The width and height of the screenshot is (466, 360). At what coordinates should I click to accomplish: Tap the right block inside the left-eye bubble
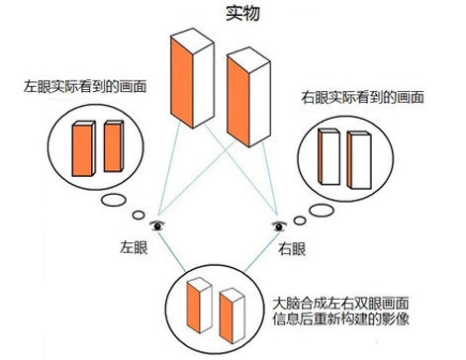coord(113,144)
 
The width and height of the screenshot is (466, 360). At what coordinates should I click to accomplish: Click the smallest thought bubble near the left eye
coord(139,213)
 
